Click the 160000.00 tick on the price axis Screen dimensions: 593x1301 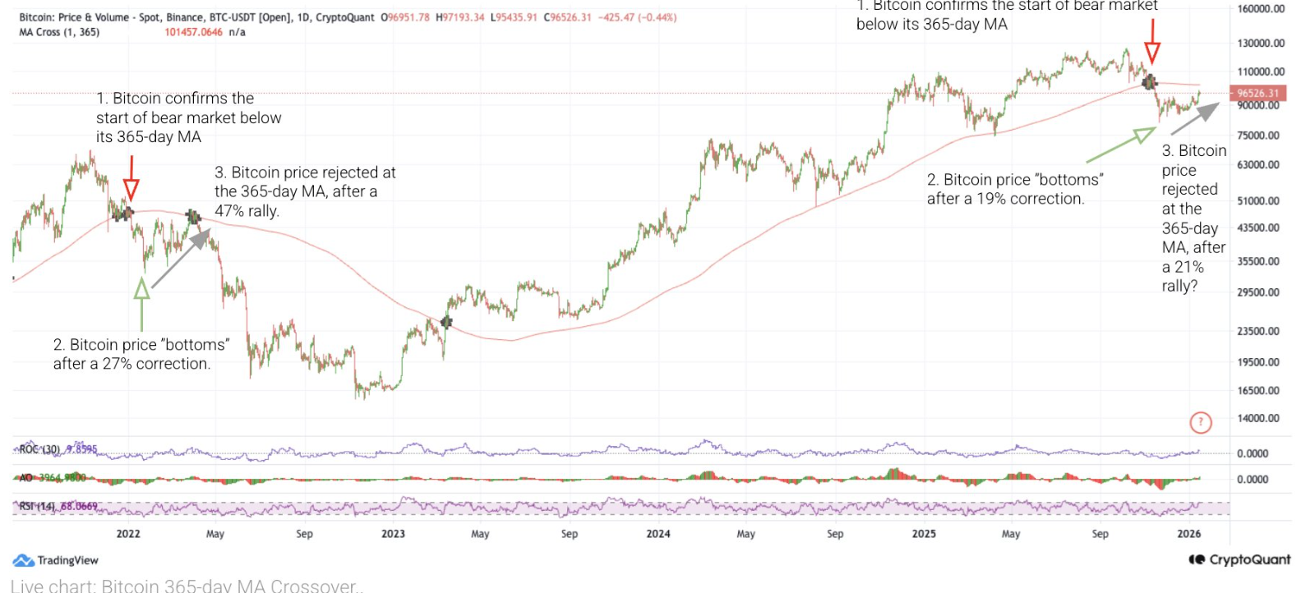click(x=1261, y=9)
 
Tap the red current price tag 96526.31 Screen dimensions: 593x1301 click(x=1257, y=94)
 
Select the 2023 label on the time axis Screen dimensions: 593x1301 click(x=393, y=534)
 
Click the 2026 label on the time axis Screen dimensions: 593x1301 click(x=1188, y=534)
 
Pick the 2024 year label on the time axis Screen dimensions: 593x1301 click(x=657, y=534)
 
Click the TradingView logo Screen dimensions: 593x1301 click(x=56, y=560)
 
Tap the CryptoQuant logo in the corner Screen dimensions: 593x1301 click(x=1239, y=559)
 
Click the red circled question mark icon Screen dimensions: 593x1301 click(x=1201, y=423)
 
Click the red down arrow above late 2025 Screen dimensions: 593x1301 click(x=1152, y=41)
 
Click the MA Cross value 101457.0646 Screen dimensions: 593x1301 click(x=193, y=32)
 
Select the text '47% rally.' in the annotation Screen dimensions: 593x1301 click(x=247, y=211)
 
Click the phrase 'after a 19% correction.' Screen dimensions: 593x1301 click(x=1005, y=199)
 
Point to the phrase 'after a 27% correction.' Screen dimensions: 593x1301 click(x=131, y=364)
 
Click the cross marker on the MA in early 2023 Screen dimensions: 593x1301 click(x=446, y=322)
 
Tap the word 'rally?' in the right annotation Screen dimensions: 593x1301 click(x=1179, y=286)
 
